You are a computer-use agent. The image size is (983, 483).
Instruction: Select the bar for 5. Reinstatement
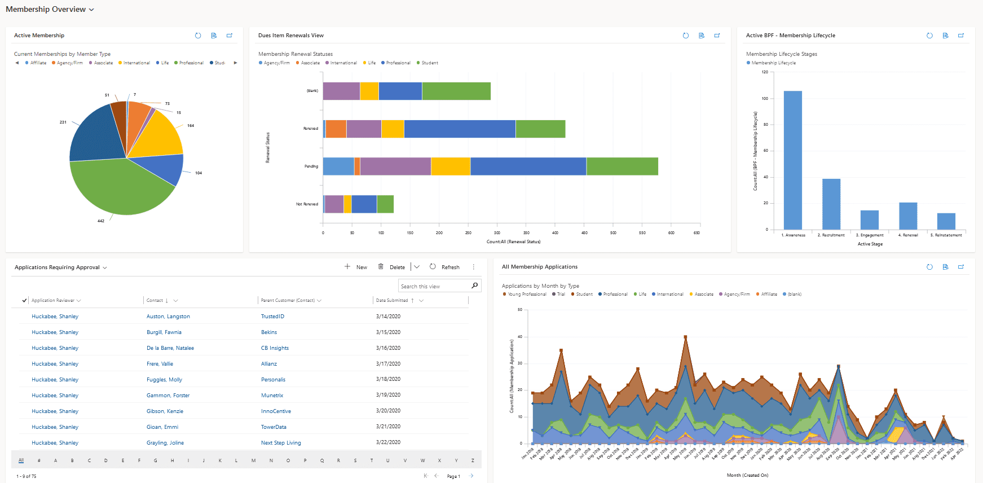click(x=946, y=221)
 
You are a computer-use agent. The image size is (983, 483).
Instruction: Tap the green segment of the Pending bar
click(x=621, y=166)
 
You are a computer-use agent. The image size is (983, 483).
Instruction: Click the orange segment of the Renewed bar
click(x=336, y=129)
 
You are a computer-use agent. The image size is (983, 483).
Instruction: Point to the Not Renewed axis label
click(x=307, y=204)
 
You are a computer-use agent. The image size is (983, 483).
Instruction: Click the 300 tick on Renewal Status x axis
click(x=497, y=232)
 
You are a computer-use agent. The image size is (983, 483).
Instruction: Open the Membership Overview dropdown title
click(x=50, y=10)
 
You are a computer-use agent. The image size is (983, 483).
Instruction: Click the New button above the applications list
click(x=356, y=267)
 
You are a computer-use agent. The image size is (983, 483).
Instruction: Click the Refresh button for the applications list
click(x=444, y=267)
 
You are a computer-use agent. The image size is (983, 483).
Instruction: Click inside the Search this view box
click(x=434, y=287)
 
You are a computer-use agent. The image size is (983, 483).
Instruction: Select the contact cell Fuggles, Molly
click(x=164, y=380)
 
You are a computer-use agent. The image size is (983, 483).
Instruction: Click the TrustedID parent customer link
click(x=272, y=317)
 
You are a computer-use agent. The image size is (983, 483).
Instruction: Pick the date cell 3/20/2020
click(x=388, y=411)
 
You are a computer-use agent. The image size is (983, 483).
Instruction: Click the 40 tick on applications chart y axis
click(x=519, y=337)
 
